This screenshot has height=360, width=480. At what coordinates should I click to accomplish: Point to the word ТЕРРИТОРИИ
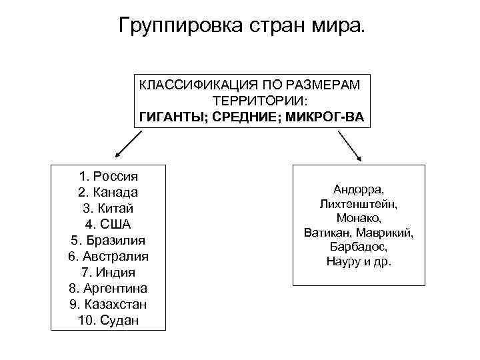(261, 102)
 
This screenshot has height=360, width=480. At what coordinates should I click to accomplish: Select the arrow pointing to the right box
(349, 146)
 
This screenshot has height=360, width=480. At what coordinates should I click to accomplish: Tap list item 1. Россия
(108, 177)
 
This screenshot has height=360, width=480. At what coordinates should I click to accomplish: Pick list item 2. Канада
(108, 193)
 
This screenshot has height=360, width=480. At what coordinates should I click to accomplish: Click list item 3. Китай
(108, 209)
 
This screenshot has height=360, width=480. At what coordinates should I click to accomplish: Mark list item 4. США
(108, 225)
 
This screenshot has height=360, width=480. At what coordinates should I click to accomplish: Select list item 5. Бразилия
(108, 240)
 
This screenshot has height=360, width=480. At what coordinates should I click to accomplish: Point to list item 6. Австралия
(108, 256)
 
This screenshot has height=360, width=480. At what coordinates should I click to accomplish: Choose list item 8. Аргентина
(108, 288)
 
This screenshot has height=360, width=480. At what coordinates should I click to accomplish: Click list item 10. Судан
(108, 320)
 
